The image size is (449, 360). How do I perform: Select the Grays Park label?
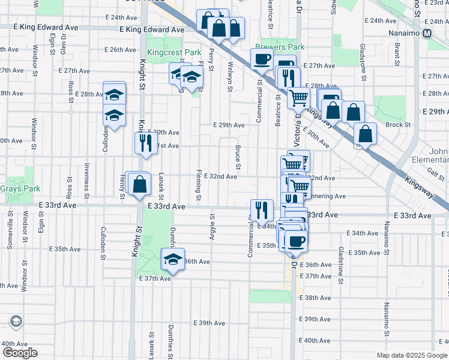(x=20, y=188)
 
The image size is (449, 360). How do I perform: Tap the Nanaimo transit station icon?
(x=427, y=34)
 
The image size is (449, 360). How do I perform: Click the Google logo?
(x=19, y=352)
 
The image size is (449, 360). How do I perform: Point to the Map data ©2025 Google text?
(x=411, y=355)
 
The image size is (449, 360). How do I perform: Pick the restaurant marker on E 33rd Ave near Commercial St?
(x=261, y=209)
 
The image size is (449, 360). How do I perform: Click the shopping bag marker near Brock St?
(x=364, y=134)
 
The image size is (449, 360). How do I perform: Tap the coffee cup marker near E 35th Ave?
(x=294, y=241)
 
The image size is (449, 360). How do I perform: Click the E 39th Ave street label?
(x=209, y=323)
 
